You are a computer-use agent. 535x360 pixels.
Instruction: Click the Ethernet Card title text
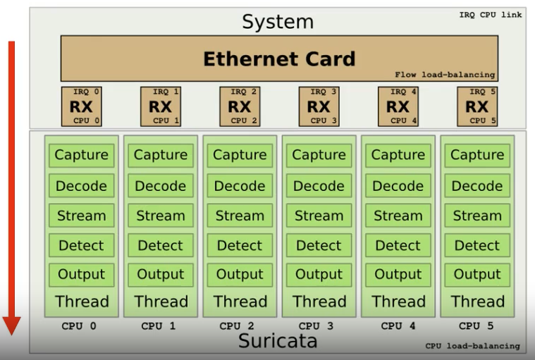coord(279,58)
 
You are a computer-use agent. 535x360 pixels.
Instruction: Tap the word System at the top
coord(278,21)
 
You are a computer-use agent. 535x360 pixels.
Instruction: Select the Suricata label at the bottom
coord(277,342)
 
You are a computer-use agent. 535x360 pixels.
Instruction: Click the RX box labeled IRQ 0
coord(82,106)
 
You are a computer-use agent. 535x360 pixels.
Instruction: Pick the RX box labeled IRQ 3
coord(319,106)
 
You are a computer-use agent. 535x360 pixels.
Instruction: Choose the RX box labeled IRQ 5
coord(477,106)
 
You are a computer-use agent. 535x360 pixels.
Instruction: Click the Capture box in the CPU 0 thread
coord(82,155)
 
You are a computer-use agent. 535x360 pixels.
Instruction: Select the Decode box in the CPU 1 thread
coord(161,186)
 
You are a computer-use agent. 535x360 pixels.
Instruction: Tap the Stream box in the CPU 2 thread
coord(240,216)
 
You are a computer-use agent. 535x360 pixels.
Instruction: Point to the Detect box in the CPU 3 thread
coord(319,245)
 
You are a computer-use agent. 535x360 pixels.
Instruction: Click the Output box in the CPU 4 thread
coord(398,274)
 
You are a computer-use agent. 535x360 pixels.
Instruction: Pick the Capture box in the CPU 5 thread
coord(477,155)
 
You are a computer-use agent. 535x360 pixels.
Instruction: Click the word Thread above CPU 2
coord(240,302)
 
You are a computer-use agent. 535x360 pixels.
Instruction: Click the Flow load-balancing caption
coord(445,75)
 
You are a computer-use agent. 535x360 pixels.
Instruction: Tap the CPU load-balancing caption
coord(472,346)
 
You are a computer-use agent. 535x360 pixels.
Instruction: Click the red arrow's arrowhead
coord(12,325)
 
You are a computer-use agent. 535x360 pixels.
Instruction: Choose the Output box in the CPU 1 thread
coord(161,274)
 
